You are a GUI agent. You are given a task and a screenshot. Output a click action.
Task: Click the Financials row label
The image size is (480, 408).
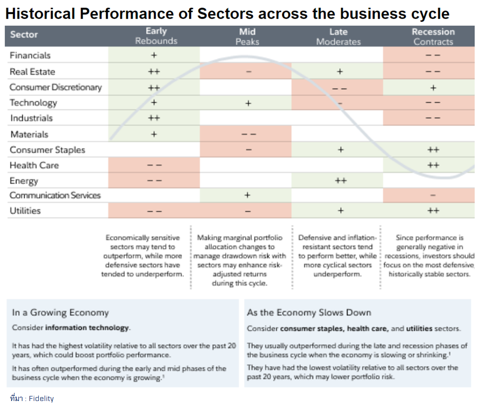coord(30,55)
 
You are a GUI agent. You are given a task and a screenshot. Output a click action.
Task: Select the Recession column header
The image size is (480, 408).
coord(433,37)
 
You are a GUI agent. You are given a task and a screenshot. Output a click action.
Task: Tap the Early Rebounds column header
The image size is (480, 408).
coord(156,36)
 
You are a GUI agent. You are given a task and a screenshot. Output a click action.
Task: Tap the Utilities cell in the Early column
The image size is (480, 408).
coord(154,211)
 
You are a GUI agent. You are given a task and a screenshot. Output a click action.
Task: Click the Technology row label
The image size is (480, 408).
coord(33,103)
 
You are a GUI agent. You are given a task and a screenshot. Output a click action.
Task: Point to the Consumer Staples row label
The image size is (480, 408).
coord(47,150)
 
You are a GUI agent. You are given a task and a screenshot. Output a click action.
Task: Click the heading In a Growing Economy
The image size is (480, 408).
coord(60,312)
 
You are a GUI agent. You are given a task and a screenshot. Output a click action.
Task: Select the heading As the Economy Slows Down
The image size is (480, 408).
coord(309,312)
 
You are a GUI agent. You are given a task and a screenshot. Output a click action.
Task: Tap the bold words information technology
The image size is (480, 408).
coord(87,328)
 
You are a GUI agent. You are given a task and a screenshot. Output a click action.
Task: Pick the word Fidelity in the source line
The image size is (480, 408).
coord(41,398)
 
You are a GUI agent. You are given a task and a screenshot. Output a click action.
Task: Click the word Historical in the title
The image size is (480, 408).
coord(40,14)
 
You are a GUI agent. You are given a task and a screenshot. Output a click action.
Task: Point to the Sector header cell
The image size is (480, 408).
coord(24,35)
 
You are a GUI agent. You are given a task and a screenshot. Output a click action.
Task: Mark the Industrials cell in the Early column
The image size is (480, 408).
coord(154,118)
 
